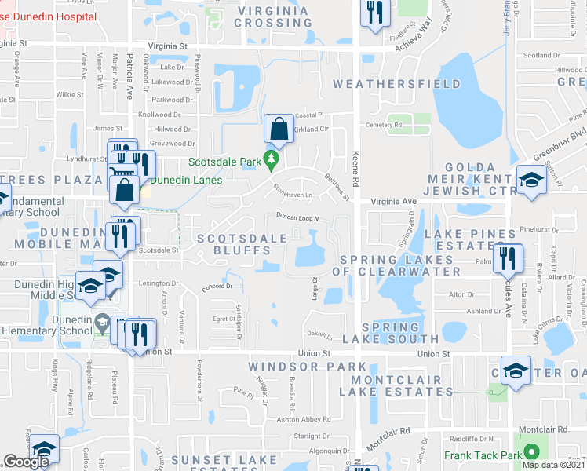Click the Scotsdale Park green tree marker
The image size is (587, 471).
[x=272, y=160]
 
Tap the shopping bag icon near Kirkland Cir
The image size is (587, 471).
[x=279, y=127]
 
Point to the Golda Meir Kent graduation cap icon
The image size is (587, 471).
[x=530, y=179]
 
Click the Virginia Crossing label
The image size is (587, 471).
[x=275, y=16]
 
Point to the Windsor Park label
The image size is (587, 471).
[x=307, y=367]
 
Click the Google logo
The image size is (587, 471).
[x=26, y=462]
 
